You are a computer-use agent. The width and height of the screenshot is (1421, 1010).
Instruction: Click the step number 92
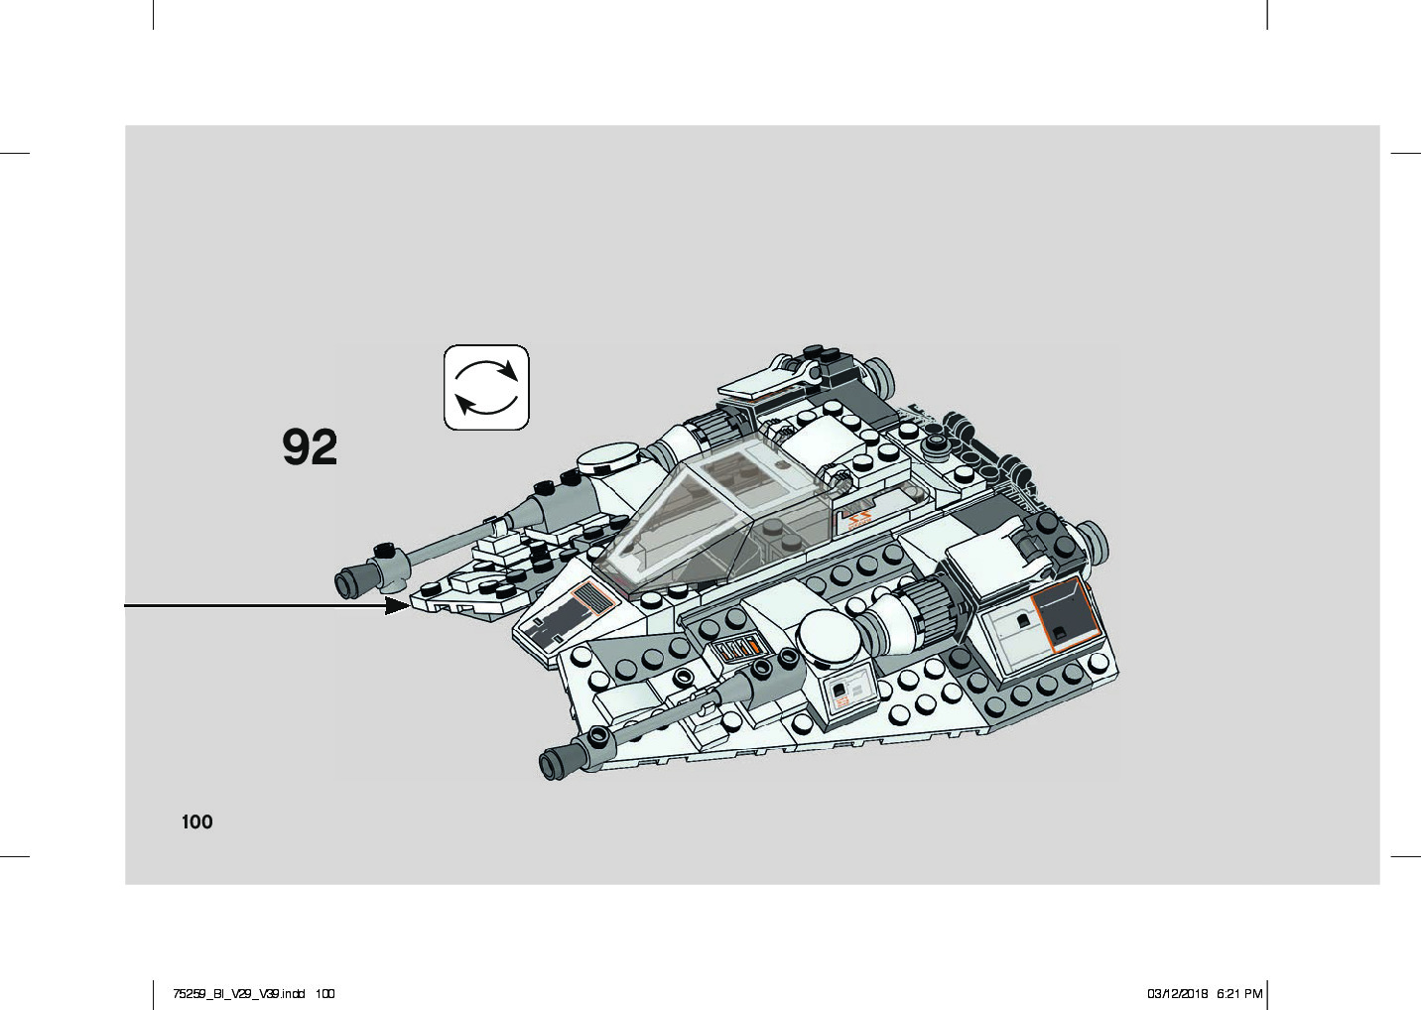[310, 447]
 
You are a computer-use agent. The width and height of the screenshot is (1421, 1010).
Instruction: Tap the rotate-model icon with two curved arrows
[486, 387]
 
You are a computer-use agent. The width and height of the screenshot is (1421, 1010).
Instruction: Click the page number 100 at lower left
[196, 821]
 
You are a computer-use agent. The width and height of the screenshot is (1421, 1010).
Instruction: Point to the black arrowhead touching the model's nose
[397, 605]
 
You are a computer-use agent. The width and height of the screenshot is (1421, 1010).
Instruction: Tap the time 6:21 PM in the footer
[1239, 993]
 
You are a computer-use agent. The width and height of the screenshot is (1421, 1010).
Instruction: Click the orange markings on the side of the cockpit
[855, 519]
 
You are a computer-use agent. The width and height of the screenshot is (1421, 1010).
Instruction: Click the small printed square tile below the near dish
[842, 692]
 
